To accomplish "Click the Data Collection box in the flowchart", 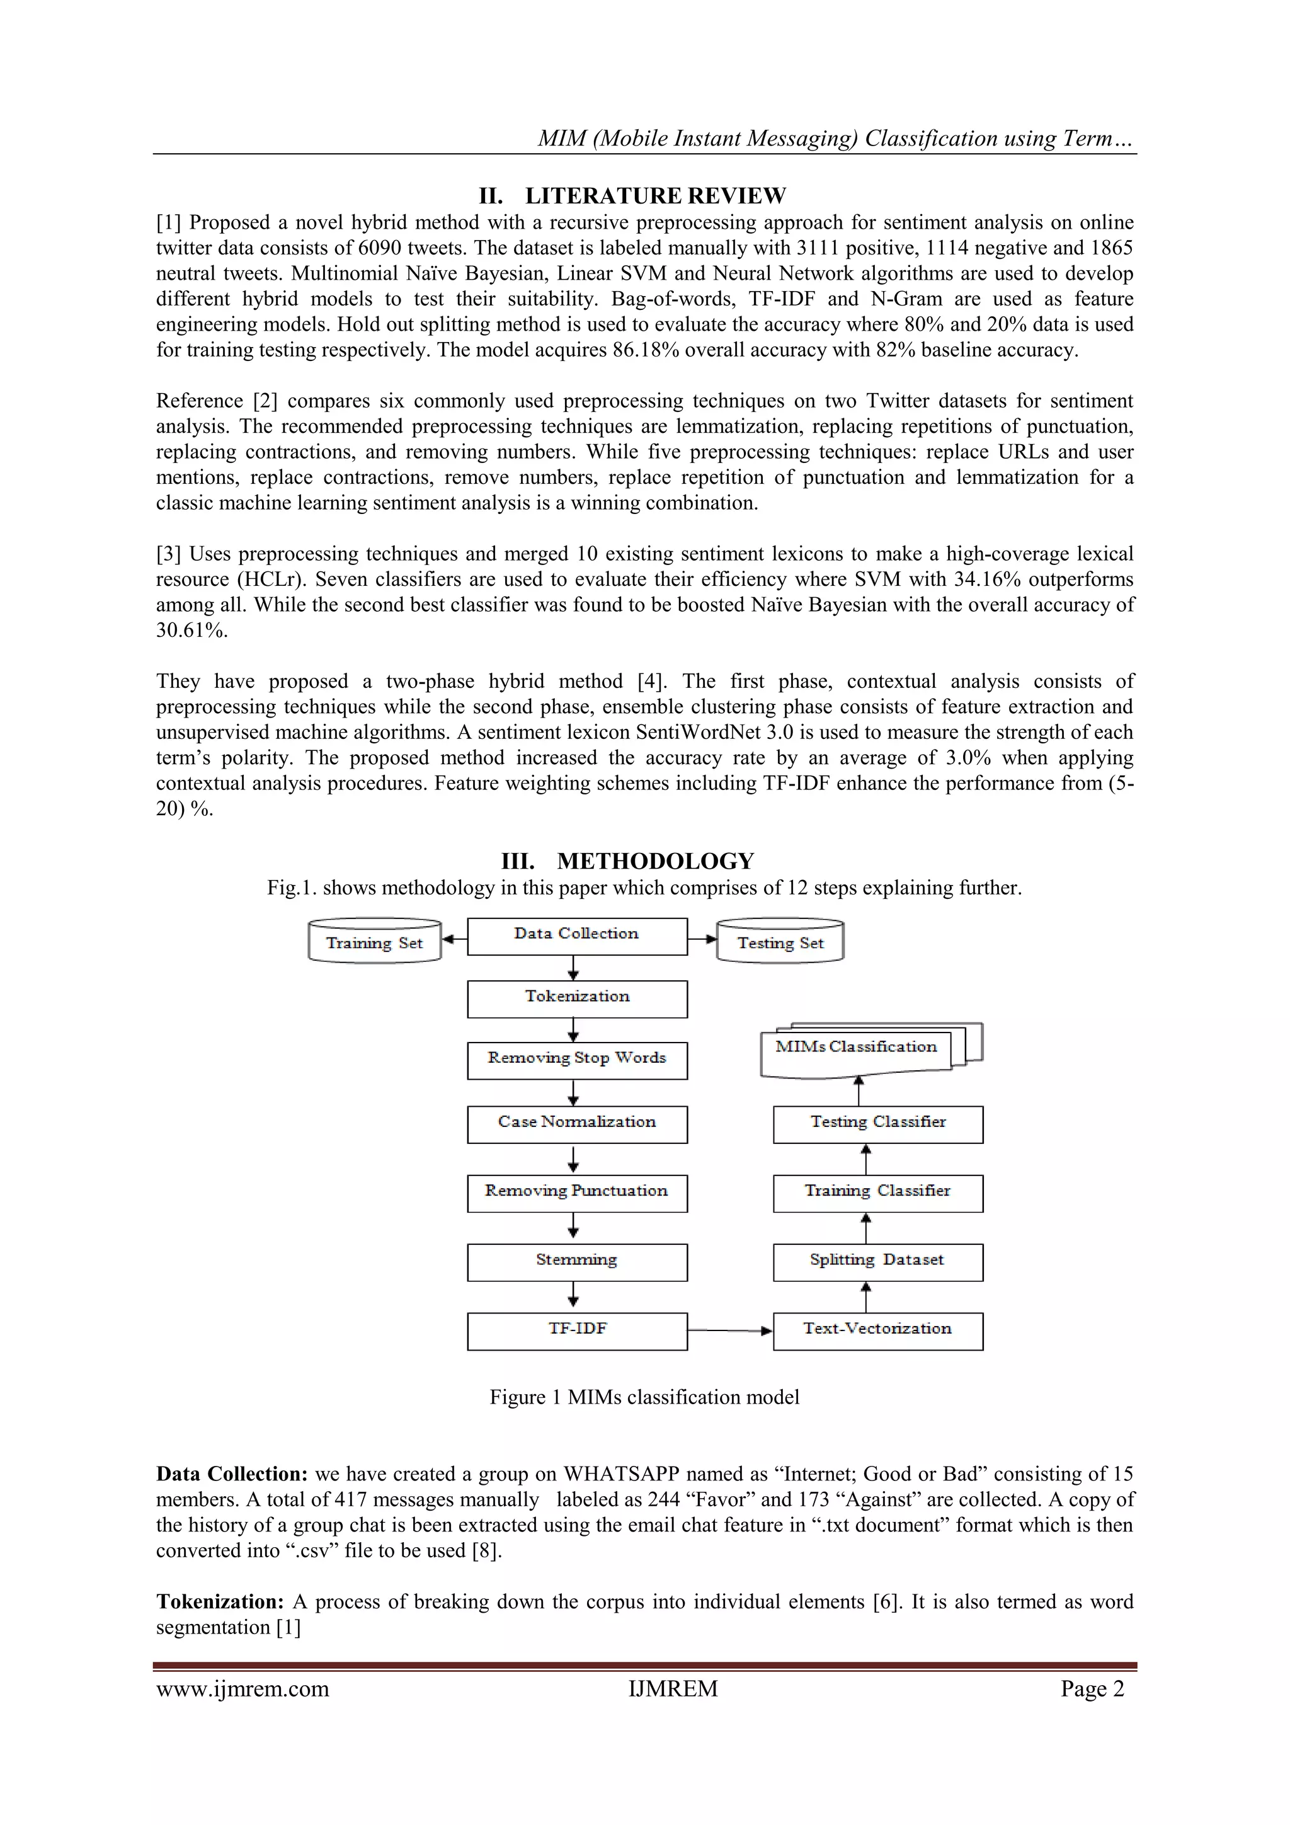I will click(x=576, y=935).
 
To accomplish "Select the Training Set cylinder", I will click(x=374, y=942).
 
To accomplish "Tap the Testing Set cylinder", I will click(x=780, y=942).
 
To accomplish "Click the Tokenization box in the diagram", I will click(x=576, y=998).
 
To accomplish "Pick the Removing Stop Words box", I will click(x=576, y=1060).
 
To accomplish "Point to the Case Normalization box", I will click(x=576, y=1124).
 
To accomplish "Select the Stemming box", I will click(x=576, y=1262).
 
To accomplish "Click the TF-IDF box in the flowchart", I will click(x=576, y=1331).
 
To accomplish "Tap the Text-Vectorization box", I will click(x=877, y=1331).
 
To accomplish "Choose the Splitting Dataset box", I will click(x=877, y=1262).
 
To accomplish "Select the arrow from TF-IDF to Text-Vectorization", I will click(x=729, y=1330).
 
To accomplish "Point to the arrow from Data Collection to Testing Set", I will click(x=702, y=939).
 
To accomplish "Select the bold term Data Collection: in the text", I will click(x=231, y=1473).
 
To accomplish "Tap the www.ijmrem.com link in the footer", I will click(x=243, y=1688).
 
